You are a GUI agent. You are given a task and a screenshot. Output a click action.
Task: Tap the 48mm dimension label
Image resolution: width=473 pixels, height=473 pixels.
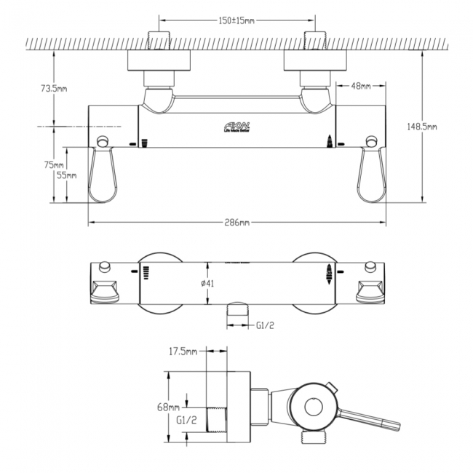pos(361,86)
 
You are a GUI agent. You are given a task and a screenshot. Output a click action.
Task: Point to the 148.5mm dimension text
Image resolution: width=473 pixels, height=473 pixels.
pos(423,127)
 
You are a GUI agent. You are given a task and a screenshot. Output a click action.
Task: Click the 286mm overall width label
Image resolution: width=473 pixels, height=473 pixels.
pos(236,222)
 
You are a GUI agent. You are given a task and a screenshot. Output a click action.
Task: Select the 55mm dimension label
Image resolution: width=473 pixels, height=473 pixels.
pos(66,175)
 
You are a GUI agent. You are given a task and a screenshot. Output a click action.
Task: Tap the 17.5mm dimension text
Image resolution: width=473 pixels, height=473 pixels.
pos(183,351)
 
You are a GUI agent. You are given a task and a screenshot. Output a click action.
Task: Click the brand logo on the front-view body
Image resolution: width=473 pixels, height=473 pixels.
pos(236,128)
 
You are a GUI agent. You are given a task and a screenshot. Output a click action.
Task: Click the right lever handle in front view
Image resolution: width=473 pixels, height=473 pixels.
pos(370,175)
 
